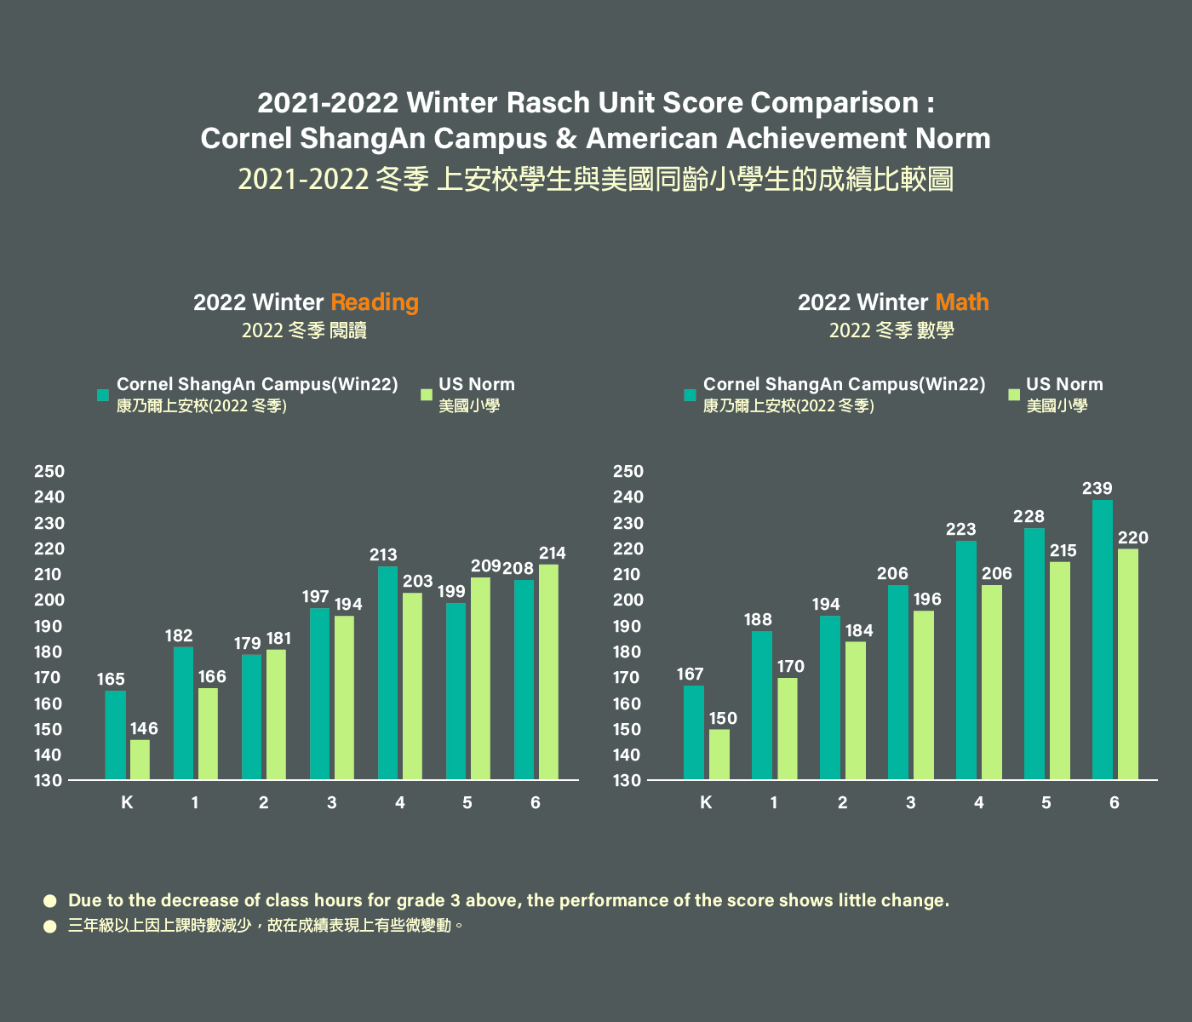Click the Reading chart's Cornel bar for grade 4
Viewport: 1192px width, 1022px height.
(x=387, y=673)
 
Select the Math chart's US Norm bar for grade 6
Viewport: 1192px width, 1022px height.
(x=1127, y=664)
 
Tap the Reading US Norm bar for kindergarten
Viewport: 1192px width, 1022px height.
(x=140, y=760)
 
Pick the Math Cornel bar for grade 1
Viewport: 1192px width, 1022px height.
(x=762, y=705)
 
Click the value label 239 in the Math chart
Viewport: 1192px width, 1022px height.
(x=1097, y=489)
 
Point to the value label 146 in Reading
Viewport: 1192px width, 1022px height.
(x=144, y=729)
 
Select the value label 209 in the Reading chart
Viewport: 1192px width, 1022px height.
(x=485, y=566)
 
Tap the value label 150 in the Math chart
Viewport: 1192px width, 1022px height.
(x=723, y=719)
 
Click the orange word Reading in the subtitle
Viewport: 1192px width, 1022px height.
(x=375, y=302)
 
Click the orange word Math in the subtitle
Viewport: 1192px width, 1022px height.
(x=962, y=302)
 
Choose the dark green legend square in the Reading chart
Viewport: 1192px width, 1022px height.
(x=103, y=394)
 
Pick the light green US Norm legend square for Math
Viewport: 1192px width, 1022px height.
(x=1013, y=394)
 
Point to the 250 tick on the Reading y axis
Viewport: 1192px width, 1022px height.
(x=49, y=472)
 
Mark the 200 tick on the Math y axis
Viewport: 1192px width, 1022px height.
(x=628, y=600)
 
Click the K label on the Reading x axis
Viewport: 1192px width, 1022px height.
(x=127, y=802)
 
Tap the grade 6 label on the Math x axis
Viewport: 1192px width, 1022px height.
(x=1115, y=802)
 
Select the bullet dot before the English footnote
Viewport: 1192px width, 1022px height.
(x=50, y=900)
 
